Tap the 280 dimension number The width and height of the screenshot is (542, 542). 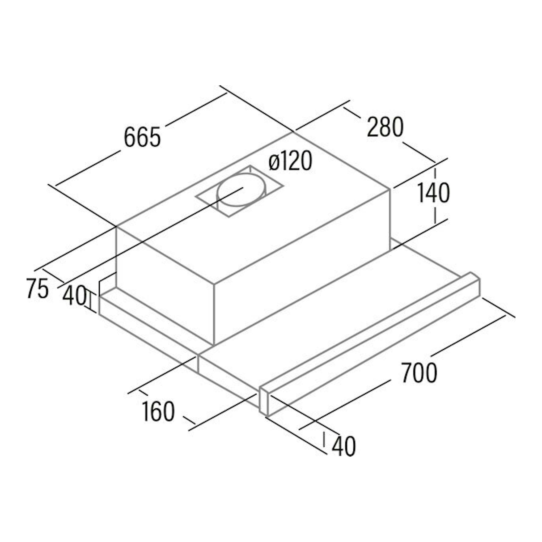[386, 127]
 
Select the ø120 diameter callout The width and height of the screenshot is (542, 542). [290, 160]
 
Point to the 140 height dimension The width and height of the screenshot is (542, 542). [434, 193]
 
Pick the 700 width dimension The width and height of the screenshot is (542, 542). [419, 372]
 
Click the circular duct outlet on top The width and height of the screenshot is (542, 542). [241, 190]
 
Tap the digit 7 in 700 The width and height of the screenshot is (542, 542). [407, 372]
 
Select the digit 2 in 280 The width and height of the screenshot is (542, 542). [373, 127]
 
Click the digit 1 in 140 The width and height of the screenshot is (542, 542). [421, 193]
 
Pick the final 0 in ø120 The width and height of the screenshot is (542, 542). [306, 160]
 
